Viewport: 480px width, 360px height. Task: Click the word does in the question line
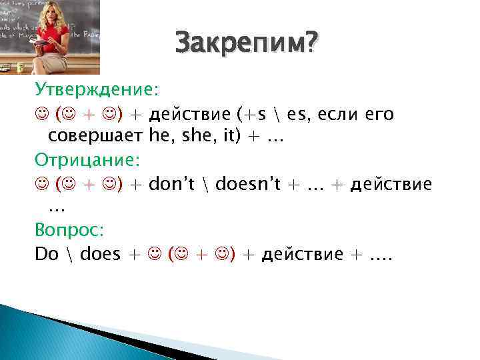point(91,253)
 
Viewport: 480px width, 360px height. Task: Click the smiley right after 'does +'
point(154,253)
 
